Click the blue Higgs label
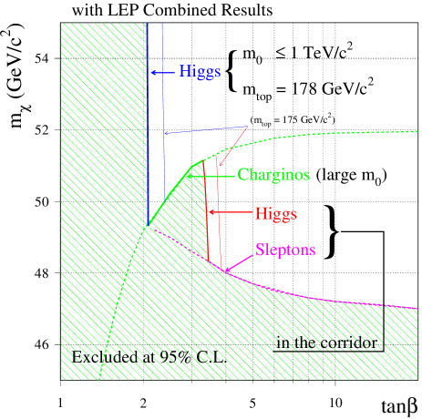[200, 70]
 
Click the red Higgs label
[275, 213]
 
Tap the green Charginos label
[273, 174]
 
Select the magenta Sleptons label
[286, 249]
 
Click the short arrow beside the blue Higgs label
[163, 71]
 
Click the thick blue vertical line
[148, 118]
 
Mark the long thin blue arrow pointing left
[205, 130]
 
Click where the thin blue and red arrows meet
[248, 126]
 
